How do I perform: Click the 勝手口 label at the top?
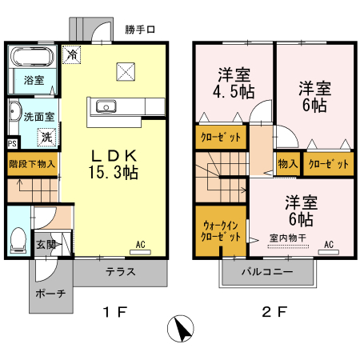(x=141, y=30)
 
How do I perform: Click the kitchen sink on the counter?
(x=106, y=106)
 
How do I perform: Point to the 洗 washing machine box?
(x=47, y=137)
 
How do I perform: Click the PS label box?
(x=11, y=144)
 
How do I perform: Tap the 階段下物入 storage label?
(x=32, y=164)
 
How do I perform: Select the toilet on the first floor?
(x=18, y=238)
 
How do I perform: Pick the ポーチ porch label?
(x=50, y=294)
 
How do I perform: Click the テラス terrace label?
(x=120, y=271)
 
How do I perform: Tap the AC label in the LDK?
(x=140, y=245)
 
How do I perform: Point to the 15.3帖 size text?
(x=114, y=171)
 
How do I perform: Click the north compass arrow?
(x=183, y=329)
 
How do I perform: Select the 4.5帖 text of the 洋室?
(x=236, y=90)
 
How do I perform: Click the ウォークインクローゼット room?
(x=221, y=231)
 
